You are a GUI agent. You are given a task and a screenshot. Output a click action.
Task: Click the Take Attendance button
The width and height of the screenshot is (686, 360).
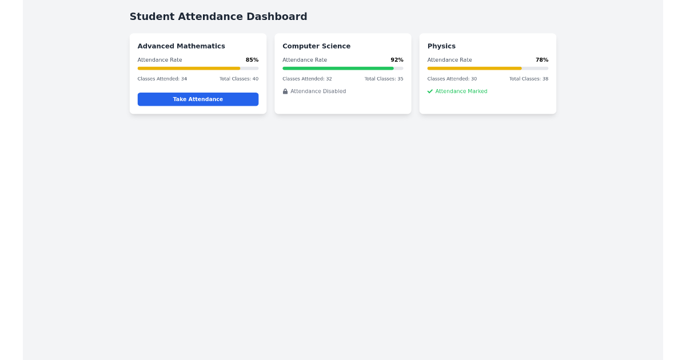[198, 99]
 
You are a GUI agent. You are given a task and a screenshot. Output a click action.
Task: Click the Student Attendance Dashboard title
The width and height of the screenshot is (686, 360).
[218, 17]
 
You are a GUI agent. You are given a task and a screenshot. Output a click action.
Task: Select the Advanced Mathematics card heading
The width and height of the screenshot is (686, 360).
[181, 46]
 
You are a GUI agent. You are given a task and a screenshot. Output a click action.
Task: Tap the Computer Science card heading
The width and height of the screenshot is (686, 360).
[316, 46]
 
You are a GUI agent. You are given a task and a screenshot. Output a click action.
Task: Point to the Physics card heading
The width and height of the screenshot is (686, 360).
[441, 46]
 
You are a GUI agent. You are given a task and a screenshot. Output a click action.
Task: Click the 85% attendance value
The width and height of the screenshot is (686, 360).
[252, 60]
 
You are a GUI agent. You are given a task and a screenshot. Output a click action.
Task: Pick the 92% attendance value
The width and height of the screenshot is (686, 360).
[397, 60]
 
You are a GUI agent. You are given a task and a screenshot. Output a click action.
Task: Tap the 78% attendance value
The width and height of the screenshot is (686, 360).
[542, 60]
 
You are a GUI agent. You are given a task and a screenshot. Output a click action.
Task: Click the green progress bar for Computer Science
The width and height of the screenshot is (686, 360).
[338, 69]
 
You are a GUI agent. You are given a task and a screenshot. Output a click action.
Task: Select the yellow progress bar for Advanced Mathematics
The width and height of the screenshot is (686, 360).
[189, 69]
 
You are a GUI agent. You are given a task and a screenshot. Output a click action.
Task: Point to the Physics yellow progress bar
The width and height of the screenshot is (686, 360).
[474, 69]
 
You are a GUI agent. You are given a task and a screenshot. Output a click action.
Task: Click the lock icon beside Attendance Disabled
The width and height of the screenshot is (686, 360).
[285, 91]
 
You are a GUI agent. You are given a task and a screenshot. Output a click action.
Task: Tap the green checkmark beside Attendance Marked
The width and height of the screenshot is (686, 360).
[430, 91]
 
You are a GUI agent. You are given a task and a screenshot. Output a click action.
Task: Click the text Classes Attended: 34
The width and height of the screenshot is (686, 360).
[162, 79]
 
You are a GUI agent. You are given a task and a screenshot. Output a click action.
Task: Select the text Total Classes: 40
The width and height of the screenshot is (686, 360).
[239, 79]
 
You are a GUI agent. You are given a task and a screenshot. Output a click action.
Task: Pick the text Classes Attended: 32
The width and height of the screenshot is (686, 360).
[307, 79]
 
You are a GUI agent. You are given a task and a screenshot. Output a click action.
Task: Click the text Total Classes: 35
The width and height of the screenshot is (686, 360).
[384, 79]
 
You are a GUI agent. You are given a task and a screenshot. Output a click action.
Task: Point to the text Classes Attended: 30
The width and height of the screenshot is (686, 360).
[452, 79]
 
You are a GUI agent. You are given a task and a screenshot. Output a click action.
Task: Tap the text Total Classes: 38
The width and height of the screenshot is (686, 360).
[529, 79]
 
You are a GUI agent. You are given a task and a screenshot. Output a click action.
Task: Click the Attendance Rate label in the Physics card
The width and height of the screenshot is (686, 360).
[450, 60]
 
